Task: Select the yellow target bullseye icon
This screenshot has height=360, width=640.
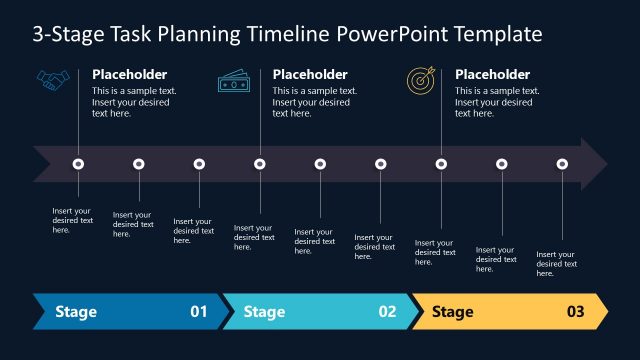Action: pyautogui.click(x=419, y=79)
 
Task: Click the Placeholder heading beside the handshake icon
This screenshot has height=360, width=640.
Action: pyautogui.click(x=130, y=74)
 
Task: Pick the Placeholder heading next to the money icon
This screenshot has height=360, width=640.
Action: pyautogui.click(x=310, y=74)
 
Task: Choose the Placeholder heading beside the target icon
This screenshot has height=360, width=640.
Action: pyautogui.click(x=492, y=74)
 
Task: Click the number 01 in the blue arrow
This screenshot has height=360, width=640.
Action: pyautogui.click(x=199, y=312)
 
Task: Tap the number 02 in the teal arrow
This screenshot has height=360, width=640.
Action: pyautogui.click(x=387, y=312)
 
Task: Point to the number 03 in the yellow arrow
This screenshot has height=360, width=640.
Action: pyautogui.click(x=575, y=312)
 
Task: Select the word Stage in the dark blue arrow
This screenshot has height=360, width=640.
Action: pyautogui.click(x=76, y=312)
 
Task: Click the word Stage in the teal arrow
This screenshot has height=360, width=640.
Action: pyautogui.click(x=265, y=312)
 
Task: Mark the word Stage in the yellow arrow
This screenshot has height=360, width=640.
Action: pyautogui.click(x=452, y=312)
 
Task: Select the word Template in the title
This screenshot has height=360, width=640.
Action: pyautogui.click(x=498, y=34)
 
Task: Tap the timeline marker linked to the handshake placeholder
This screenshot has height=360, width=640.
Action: pyautogui.click(x=79, y=164)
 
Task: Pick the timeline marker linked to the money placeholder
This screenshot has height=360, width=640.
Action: pyautogui.click(x=260, y=164)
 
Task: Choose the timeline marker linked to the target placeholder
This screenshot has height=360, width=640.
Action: pyautogui.click(x=441, y=164)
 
